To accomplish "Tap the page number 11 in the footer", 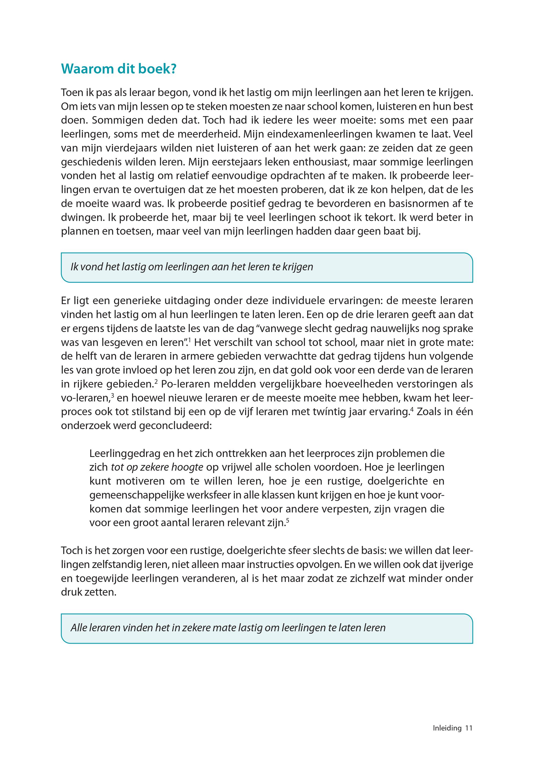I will [468, 728].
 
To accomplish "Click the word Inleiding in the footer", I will [447, 728].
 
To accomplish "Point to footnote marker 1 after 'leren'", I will [190, 339].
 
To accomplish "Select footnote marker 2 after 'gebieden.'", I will [156, 381].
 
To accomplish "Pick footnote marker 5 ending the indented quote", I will [288, 520].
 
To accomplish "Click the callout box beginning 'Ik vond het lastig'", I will [267, 267].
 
